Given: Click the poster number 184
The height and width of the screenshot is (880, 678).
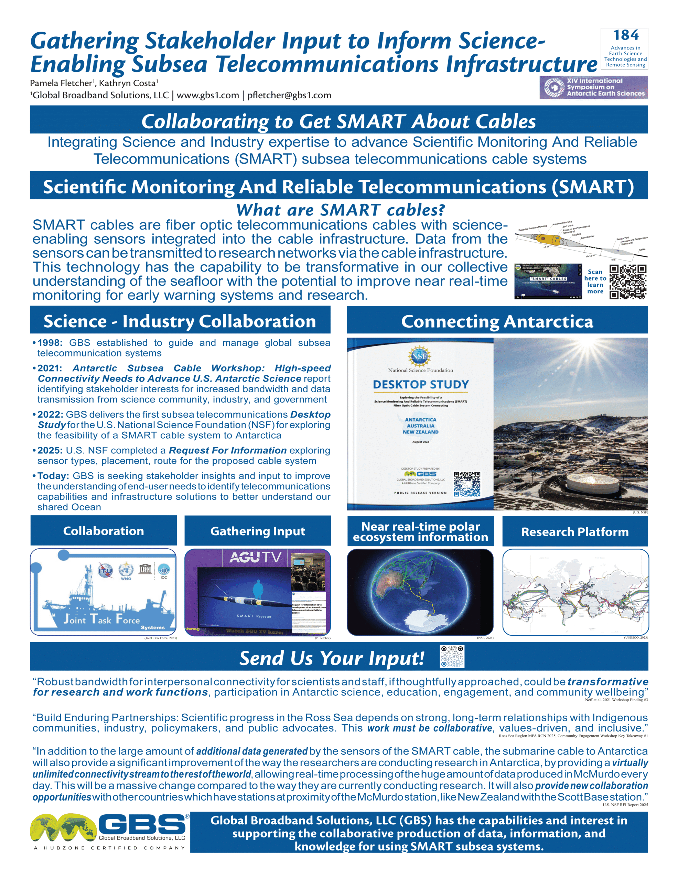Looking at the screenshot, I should coord(626,35).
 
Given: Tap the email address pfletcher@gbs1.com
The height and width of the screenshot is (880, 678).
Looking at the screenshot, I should coord(289,96).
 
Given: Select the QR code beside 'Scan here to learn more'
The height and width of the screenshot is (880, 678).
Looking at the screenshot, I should coord(628,282).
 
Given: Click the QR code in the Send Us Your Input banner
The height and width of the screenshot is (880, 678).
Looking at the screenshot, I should coord(452,656).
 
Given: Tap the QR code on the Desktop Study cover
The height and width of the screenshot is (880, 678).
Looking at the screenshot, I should coord(467,484).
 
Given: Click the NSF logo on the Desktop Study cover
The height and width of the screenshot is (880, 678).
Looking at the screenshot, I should coord(420,356).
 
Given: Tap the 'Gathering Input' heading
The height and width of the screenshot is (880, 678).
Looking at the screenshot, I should coord(258,531).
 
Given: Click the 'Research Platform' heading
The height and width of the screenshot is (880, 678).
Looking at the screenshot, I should coord(575,532).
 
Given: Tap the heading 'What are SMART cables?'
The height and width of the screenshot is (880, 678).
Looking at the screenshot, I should coord(341,210).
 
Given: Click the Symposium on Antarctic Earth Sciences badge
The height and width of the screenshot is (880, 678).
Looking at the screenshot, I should coord(593,87).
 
